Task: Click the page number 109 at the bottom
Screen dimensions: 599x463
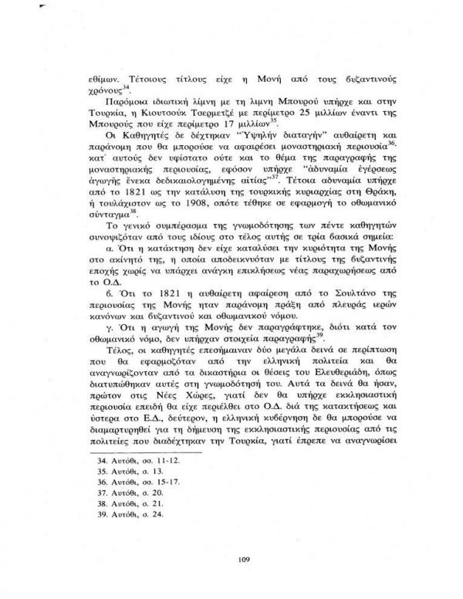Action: pos(231,554)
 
